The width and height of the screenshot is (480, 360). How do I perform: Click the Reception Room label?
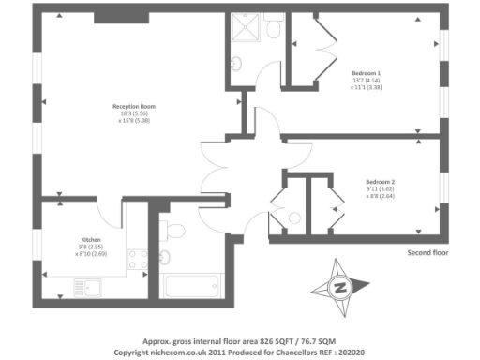pyautogui.click(x=134, y=106)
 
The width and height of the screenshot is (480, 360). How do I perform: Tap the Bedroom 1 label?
pyautogui.click(x=366, y=72)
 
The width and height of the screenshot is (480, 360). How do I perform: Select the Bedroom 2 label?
pyautogui.click(x=380, y=181)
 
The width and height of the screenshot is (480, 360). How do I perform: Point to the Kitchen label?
pyautogui.click(x=90, y=238)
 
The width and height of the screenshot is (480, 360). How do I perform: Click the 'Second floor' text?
pyautogui.click(x=428, y=253)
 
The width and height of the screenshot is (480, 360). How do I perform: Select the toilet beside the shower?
pyautogui.click(x=273, y=28)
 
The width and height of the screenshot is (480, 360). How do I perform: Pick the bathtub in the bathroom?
pyautogui.click(x=191, y=285)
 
